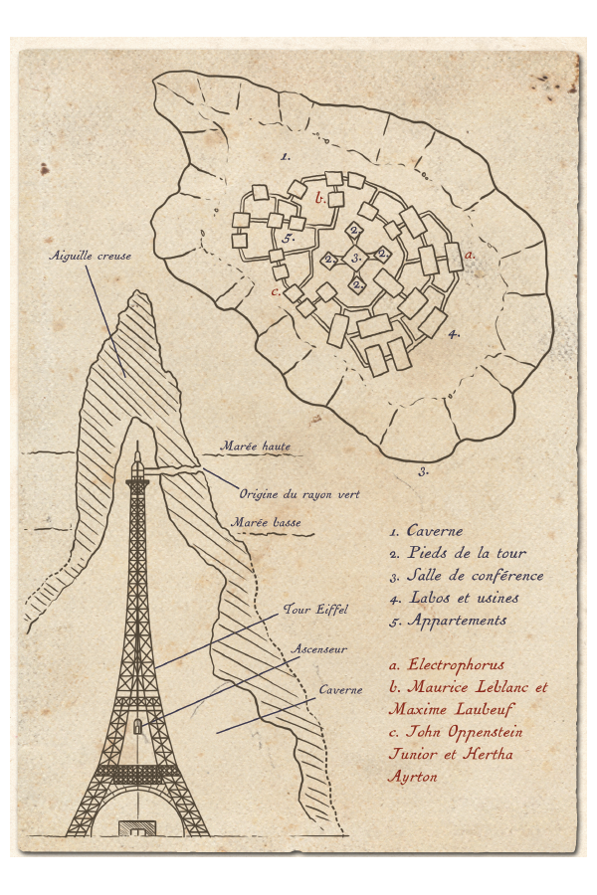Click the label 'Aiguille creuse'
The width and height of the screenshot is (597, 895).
coord(91,256)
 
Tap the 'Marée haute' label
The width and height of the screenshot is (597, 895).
coord(256,447)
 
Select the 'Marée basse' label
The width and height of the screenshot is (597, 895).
coord(266,522)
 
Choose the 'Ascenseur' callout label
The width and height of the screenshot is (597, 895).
coord(318,648)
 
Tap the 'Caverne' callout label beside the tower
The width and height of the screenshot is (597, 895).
coord(340,689)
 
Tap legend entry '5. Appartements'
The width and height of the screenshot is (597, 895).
coord(449,621)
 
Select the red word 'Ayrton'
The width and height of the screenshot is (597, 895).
coord(413,777)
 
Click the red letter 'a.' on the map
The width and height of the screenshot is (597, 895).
coord(470,255)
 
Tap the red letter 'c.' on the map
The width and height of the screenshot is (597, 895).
coord(276,291)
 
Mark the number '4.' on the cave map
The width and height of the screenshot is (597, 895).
coord(453,334)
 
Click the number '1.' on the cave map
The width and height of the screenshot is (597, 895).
coord(286,156)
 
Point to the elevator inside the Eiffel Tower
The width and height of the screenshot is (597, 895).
coord(137,728)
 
